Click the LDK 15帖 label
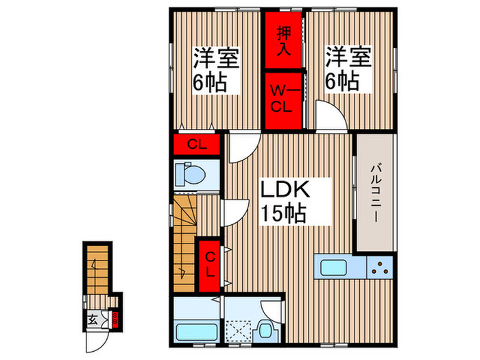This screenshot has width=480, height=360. click(283, 201)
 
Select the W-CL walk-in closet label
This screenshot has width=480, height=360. click(284, 97)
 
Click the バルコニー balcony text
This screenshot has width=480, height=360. click(375, 193)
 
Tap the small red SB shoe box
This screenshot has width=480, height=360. click(115, 317)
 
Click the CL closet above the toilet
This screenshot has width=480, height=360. click(194, 145)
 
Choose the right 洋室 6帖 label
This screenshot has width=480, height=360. click(348, 69)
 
